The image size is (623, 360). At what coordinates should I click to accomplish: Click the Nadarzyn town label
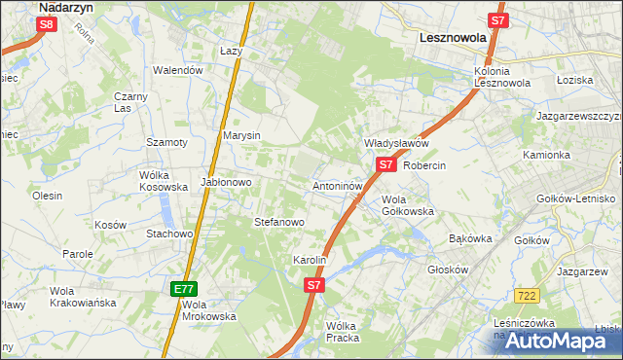(66, 6)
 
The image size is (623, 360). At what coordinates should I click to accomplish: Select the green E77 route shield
(185, 289)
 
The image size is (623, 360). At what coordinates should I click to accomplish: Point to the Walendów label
(178, 70)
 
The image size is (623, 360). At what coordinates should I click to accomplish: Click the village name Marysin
(241, 135)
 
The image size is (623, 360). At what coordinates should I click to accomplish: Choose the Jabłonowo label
(227, 182)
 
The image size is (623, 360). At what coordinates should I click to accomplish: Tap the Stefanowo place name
(279, 222)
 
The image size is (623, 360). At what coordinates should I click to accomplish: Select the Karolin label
(309, 261)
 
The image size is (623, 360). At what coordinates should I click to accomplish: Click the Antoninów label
(338, 185)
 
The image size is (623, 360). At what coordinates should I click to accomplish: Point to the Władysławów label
(396, 143)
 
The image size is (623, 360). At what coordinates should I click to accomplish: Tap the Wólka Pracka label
(343, 332)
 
